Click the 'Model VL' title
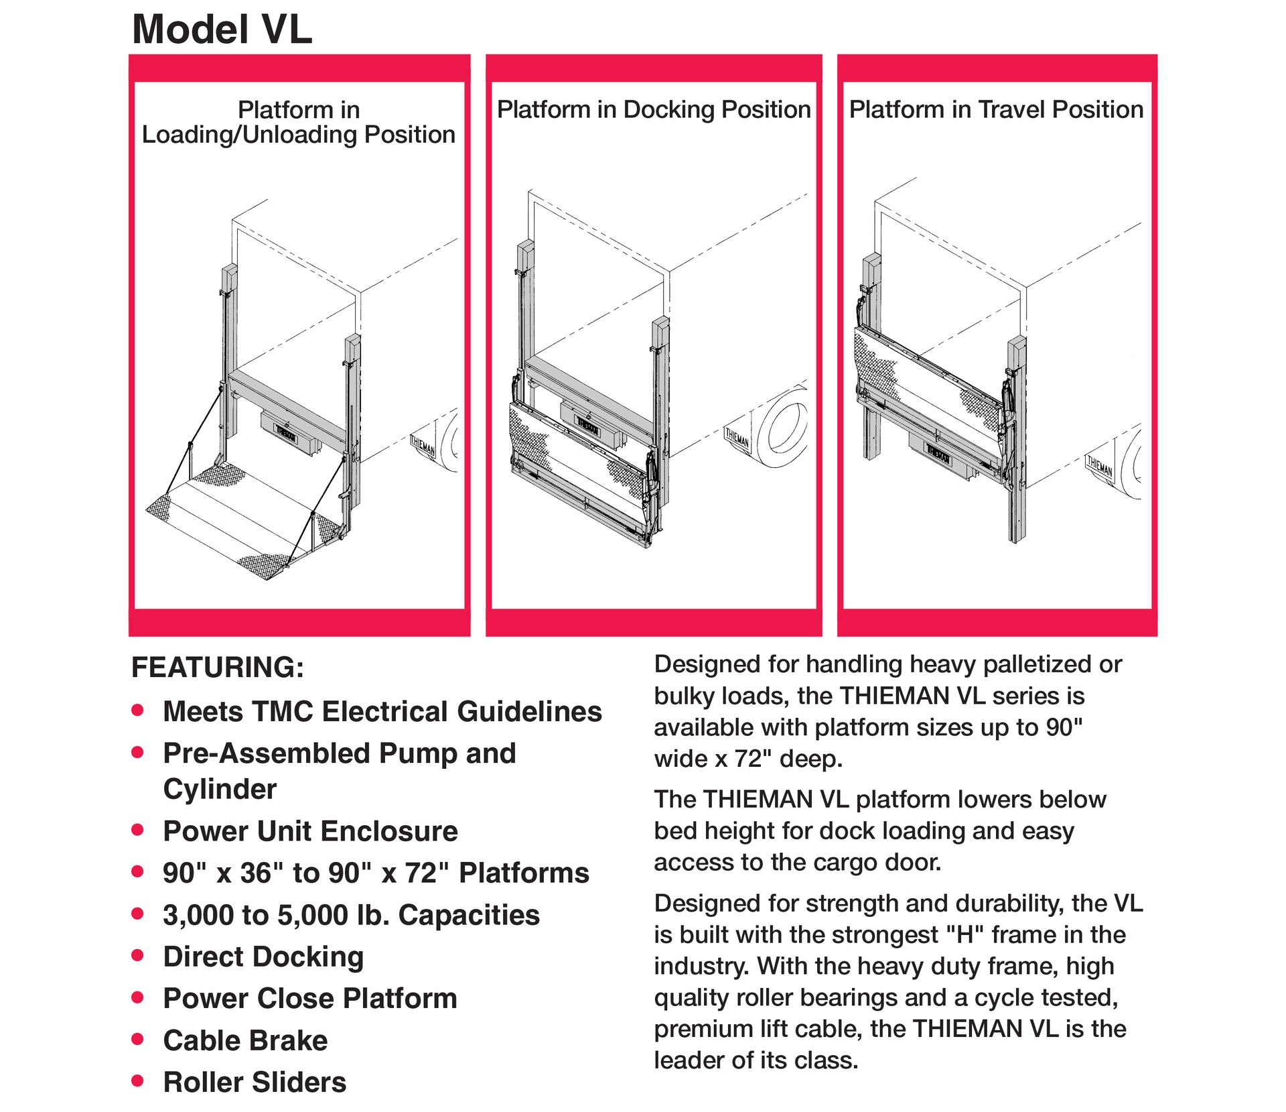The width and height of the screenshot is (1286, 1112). pos(222,29)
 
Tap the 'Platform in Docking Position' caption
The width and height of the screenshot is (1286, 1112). pos(653,109)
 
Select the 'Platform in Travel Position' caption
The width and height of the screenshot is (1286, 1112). pos(995,109)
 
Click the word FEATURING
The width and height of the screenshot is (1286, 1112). pos(217,668)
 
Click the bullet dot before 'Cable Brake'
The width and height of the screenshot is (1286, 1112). pos(138,1040)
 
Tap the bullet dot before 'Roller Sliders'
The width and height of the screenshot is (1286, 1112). pos(138,1081)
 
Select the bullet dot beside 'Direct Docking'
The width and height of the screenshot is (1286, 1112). pos(138,956)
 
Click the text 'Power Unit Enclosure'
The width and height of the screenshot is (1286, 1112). pos(310,831)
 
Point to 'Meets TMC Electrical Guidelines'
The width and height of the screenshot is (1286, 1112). pos(382,712)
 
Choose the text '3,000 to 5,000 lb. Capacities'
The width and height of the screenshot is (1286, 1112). pos(351,915)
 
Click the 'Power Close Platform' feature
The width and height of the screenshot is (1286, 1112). pos(310,999)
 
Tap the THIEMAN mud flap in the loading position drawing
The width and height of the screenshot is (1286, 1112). pos(423,445)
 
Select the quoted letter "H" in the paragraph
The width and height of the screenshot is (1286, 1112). pos(965,934)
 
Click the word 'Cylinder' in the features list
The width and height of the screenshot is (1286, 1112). pos(220,790)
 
